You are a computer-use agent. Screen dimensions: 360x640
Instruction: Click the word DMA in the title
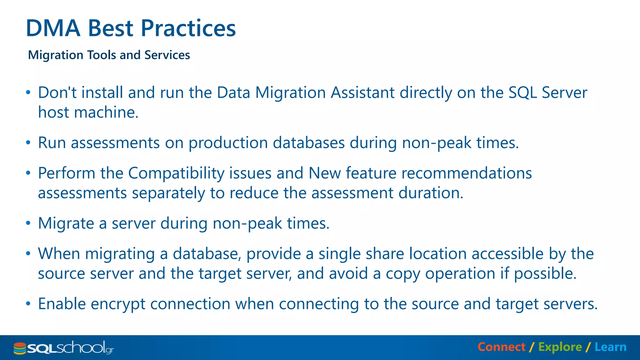[53, 28]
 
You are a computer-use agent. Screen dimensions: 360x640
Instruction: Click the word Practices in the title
[188, 28]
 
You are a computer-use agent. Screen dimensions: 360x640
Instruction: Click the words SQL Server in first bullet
[548, 93]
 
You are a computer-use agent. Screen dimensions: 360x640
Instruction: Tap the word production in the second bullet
[228, 143]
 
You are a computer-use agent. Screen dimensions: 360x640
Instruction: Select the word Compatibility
[176, 173]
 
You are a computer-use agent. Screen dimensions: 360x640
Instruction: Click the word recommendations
[466, 173]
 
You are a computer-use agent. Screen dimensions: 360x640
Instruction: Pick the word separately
[168, 193]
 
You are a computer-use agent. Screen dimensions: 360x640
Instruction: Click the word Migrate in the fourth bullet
[66, 223]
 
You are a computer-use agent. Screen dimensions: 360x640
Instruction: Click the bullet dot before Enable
[28, 303]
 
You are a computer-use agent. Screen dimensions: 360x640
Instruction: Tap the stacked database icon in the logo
[20, 348]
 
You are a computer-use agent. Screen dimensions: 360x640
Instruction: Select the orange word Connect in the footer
[502, 347]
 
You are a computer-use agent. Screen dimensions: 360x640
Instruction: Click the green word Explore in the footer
[560, 347]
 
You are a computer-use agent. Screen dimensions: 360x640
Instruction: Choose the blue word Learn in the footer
[610, 347]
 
